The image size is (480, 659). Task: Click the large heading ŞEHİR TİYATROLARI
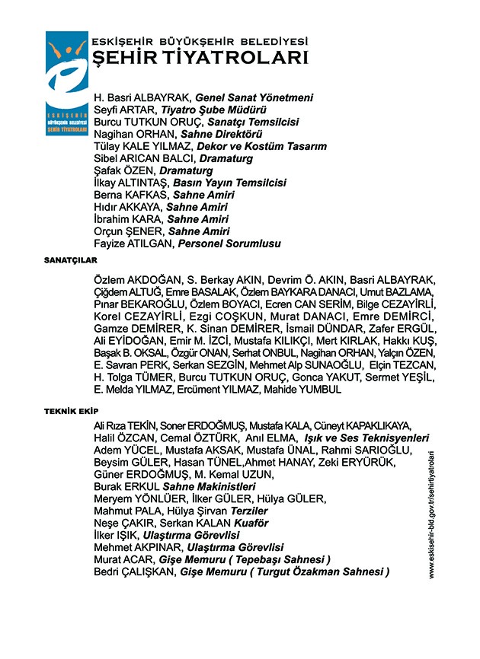coord(199,59)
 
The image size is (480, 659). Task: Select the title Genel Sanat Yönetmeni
coord(254,98)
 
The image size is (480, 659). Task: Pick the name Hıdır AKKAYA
coord(123,208)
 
